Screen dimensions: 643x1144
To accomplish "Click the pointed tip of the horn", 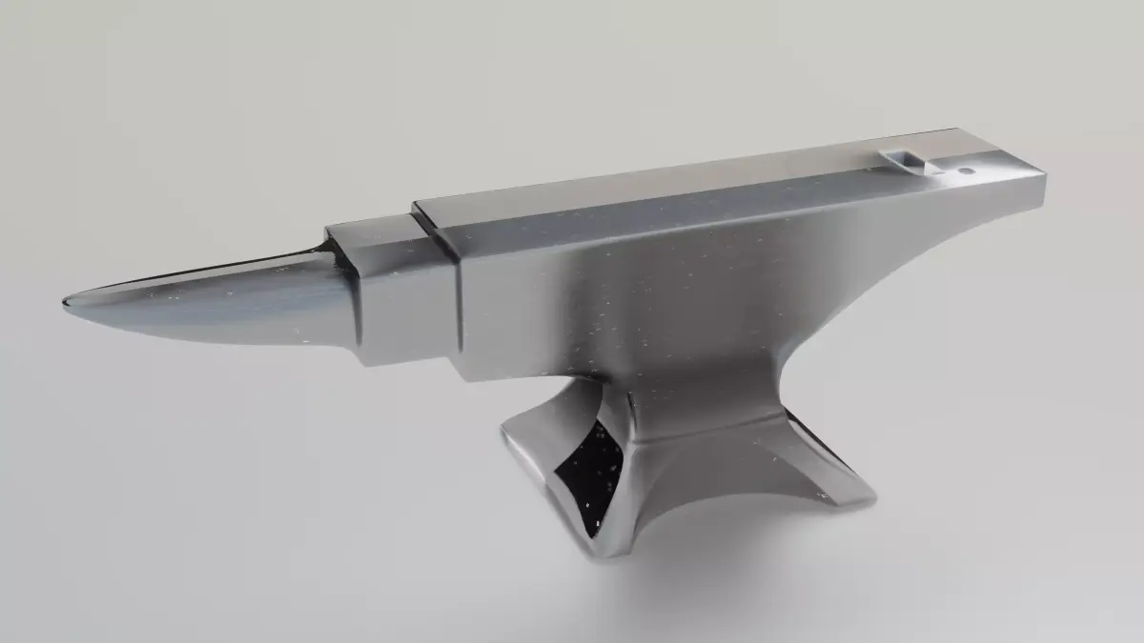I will coord(65,302).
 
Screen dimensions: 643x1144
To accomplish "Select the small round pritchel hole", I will coord(965,171).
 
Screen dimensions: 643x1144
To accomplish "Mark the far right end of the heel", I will coord(1044,185).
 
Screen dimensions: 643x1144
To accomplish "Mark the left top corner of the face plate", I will coord(417,205).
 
